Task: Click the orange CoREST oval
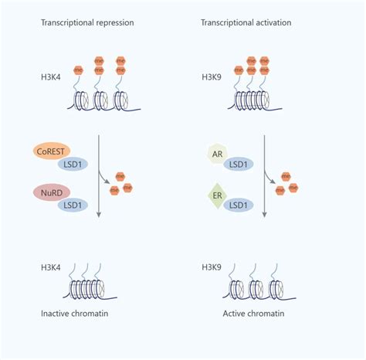[51, 151]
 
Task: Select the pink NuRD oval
[52, 192]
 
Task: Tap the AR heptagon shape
[218, 154]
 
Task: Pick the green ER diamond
[218, 195]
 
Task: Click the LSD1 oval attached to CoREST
[73, 164]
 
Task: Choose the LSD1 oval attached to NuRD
[73, 205]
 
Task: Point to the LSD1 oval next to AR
[239, 164]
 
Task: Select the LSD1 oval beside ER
[239, 205]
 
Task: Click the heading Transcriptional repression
[87, 22]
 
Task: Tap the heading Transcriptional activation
[246, 22]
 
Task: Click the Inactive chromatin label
[75, 314]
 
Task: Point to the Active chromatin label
[253, 314]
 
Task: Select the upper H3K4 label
[51, 77]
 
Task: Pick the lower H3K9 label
[212, 267]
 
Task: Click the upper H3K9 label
[212, 77]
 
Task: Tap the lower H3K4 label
[51, 267]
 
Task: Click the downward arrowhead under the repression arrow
[99, 215]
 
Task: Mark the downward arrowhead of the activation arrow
[264, 215]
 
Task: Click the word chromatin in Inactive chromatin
[90, 314]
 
